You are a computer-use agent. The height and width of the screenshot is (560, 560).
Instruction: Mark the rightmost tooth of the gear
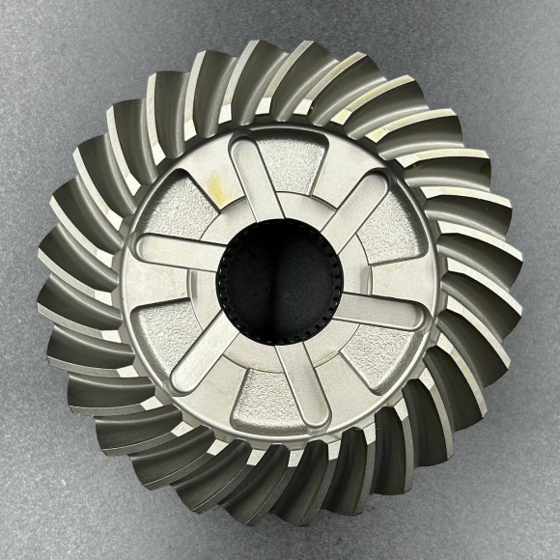pyautogui.click(x=497, y=280)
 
